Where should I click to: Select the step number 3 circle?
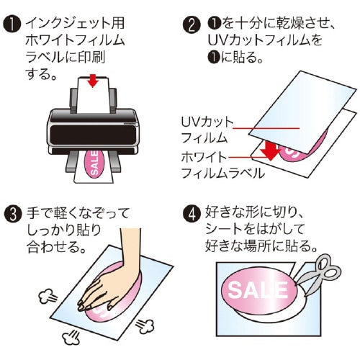[x=13, y=215]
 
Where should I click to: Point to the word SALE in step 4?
[x=257, y=290]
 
